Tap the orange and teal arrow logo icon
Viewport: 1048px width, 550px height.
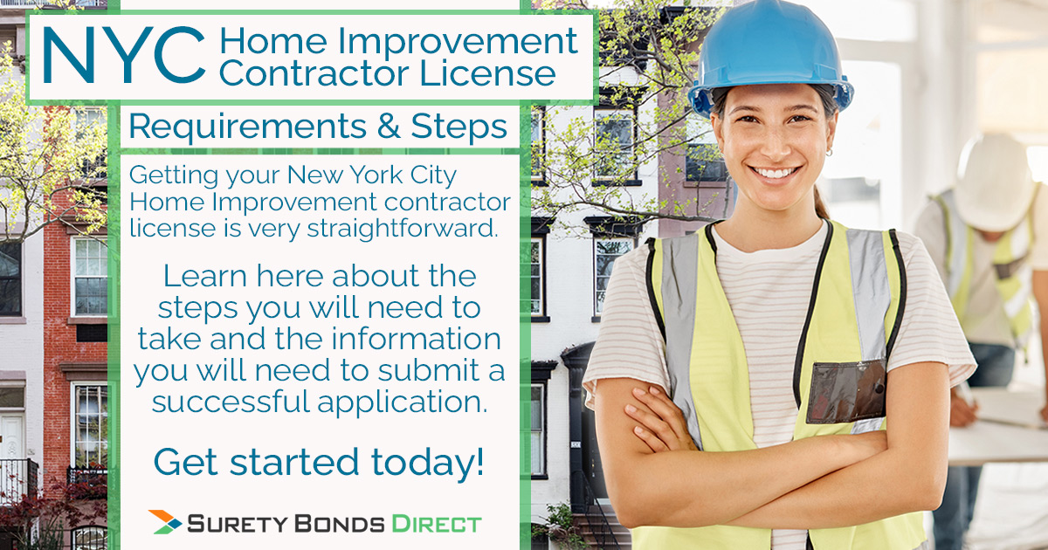coord(165,522)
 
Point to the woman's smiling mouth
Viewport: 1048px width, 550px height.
coord(776,172)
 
